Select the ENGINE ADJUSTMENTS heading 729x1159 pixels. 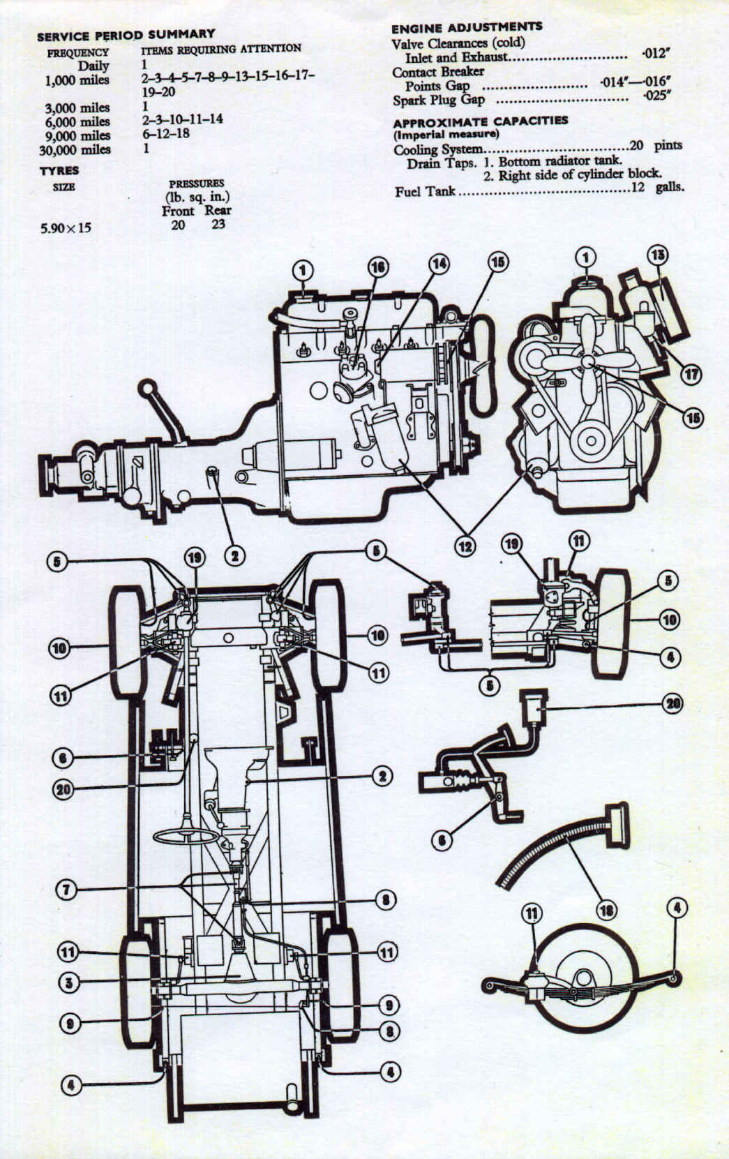[x=466, y=27]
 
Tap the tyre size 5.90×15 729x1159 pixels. [x=66, y=227]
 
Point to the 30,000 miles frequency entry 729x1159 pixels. [x=77, y=149]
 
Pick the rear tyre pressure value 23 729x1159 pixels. [x=218, y=225]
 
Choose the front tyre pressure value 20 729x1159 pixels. [x=178, y=225]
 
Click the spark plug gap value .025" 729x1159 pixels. [x=656, y=96]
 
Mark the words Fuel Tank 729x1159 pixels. [x=425, y=190]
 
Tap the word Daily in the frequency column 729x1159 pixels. [x=93, y=66]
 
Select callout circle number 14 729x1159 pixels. [x=439, y=264]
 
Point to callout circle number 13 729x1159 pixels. [x=656, y=254]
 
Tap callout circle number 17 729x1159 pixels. [x=691, y=374]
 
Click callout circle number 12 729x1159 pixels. [x=465, y=546]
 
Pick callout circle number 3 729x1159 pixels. [x=68, y=983]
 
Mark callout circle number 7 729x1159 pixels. [x=66, y=890]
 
